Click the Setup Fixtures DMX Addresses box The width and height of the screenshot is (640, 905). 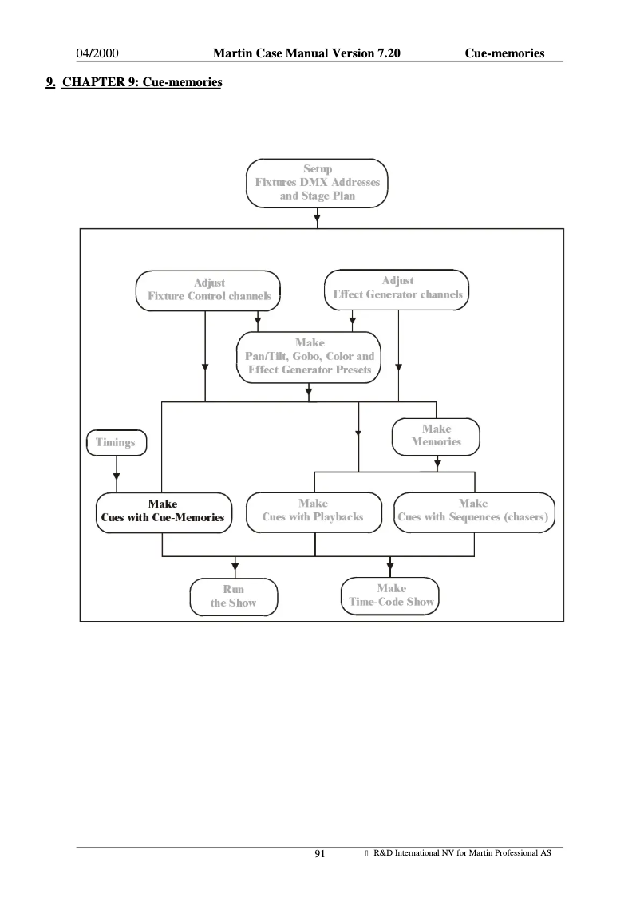(x=317, y=183)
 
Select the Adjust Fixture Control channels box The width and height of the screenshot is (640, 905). (x=208, y=289)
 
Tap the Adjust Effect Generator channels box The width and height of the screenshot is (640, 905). (x=397, y=288)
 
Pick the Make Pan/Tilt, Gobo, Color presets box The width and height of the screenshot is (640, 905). (x=309, y=356)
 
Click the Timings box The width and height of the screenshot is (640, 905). (x=116, y=441)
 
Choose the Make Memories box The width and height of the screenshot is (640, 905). (x=436, y=435)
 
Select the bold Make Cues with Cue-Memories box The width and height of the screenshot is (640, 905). (x=163, y=511)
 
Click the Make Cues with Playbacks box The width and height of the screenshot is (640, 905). (x=313, y=511)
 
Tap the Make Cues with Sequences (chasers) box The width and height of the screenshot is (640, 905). (x=473, y=511)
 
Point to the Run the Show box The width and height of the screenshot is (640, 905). (x=233, y=596)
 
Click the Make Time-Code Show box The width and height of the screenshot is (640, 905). (x=391, y=595)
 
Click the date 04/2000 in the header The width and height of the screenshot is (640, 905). (x=97, y=53)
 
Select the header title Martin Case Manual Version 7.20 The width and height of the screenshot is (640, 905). (x=306, y=53)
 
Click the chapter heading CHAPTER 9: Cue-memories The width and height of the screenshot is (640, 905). (x=141, y=82)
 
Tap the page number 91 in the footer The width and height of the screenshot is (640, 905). (x=320, y=854)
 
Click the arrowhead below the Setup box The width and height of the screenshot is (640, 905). (x=318, y=217)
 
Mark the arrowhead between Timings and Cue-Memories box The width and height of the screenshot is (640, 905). (x=117, y=477)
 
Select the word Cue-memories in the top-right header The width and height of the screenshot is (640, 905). (x=504, y=53)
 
